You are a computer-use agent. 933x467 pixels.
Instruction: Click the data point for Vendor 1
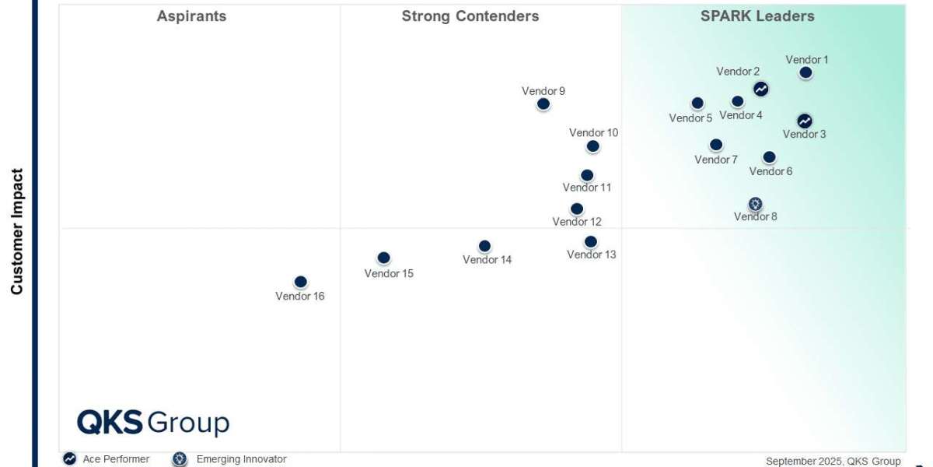[x=805, y=72]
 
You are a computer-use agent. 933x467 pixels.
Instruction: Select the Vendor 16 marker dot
[x=301, y=282]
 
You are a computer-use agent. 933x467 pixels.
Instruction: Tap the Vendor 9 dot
[x=543, y=104]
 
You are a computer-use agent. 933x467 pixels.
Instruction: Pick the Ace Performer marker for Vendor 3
[x=805, y=121]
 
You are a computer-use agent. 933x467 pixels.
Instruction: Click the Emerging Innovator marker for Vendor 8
[x=755, y=204]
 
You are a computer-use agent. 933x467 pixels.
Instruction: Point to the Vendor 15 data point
[x=383, y=258]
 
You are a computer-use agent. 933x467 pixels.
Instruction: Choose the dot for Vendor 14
[x=484, y=246]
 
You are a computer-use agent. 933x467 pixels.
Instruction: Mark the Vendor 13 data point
[x=591, y=241]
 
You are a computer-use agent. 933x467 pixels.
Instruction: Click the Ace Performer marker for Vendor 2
[x=761, y=89]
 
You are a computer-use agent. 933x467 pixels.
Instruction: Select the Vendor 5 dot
[x=697, y=103]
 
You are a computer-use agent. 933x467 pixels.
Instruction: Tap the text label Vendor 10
[x=593, y=132]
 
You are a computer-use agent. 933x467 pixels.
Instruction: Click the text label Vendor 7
[x=716, y=160]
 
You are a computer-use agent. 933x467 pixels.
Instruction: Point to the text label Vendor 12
[x=577, y=222]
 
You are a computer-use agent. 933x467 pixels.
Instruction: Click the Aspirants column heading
[x=191, y=16]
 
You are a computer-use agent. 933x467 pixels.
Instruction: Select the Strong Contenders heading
[x=470, y=16]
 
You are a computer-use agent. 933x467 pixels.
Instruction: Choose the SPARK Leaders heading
[x=757, y=16]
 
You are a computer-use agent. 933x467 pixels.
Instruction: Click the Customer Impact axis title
[x=17, y=232]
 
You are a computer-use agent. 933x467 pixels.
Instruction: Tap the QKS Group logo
[x=153, y=423]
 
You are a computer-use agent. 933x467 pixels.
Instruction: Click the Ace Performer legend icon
[x=70, y=459]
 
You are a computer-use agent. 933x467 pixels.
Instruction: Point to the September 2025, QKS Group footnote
[x=833, y=461]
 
